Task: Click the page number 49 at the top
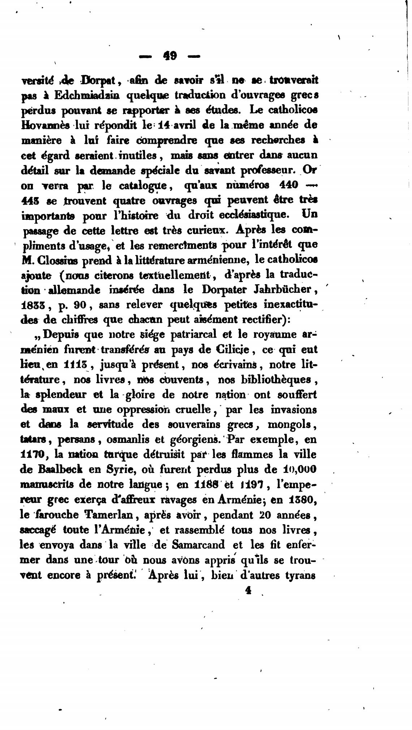tap(170, 56)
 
